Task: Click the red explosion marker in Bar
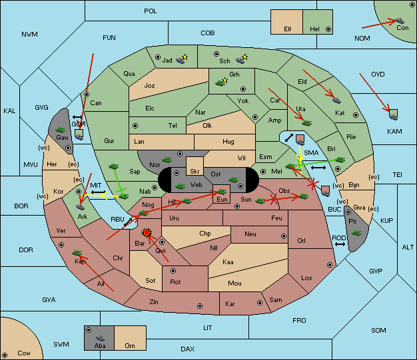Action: click(x=147, y=233)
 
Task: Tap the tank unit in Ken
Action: click(x=77, y=252)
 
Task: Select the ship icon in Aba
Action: click(x=100, y=338)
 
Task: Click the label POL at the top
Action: click(x=151, y=11)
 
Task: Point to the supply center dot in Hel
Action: click(x=328, y=29)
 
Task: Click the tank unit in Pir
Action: click(x=356, y=233)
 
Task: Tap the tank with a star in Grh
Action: click(x=222, y=82)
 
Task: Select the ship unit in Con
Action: click(x=400, y=21)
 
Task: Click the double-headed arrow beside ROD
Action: click(x=340, y=244)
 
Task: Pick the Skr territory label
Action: click(x=195, y=172)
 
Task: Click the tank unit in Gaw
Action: click(x=60, y=130)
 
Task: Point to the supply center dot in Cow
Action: click(x=5, y=355)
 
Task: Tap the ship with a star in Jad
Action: click(x=182, y=59)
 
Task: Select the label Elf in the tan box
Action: click(x=288, y=29)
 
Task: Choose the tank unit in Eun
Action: click(x=221, y=192)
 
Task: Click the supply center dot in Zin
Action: click(x=199, y=306)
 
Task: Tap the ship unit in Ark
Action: click(x=80, y=207)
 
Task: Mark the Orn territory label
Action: click(x=130, y=345)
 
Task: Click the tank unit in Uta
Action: click(x=306, y=123)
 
